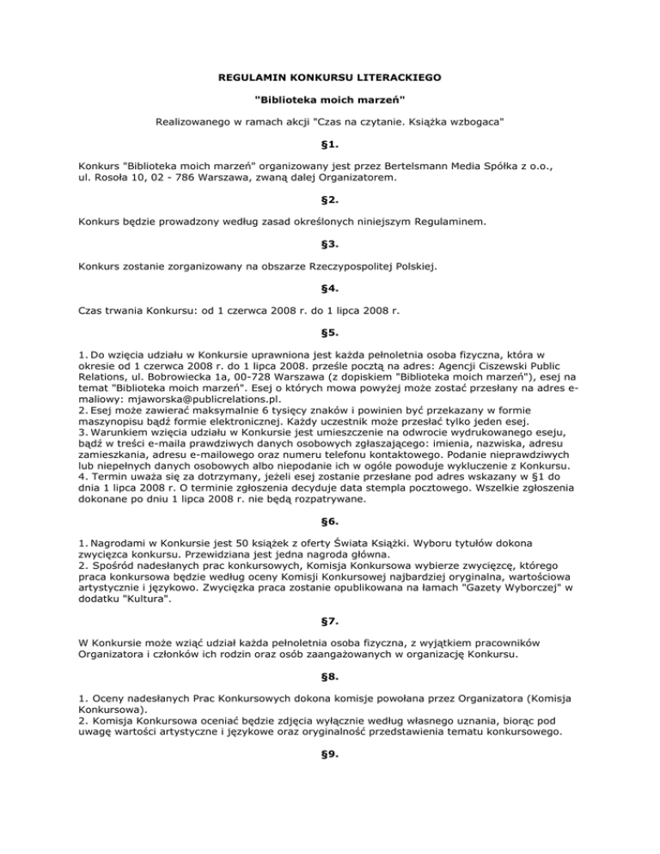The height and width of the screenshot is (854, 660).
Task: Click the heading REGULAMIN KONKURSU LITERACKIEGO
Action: tap(329, 77)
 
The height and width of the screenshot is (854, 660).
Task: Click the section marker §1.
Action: tap(329, 143)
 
